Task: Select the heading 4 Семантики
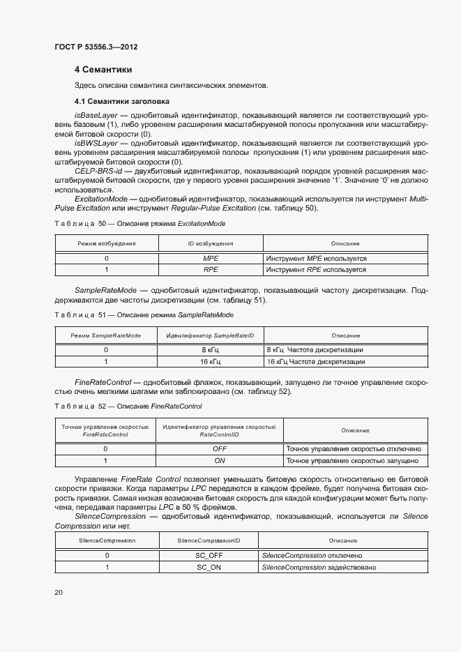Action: pos(103,70)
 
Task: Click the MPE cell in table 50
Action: pos(211,258)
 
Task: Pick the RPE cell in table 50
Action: pos(211,268)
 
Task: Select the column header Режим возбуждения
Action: pos(106,243)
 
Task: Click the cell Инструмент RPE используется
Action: pos(316,268)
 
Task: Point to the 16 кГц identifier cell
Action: pos(211,362)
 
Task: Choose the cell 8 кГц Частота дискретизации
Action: pos(315,350)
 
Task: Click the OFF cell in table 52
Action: pos(219,449)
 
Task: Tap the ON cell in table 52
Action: pos(219,460)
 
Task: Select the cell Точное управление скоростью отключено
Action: pos(354,449)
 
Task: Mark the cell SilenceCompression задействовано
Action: pos(319,568)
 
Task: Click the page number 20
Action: pos(59,592)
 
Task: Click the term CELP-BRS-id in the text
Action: pos(98,170)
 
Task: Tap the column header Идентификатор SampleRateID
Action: pos(210,335)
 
